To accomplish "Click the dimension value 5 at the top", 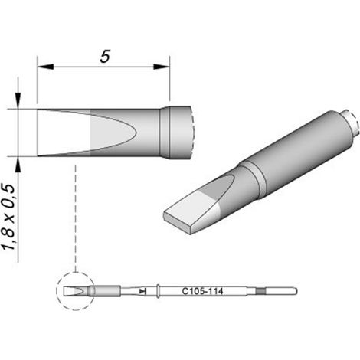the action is coord(105,57).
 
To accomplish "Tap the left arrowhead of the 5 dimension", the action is coord(45,67).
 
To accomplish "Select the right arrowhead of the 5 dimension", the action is coord(162,67).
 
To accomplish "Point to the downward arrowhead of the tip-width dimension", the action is coord(18,101).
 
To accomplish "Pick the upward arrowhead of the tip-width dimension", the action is coord(18,164).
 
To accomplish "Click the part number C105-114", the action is coord(202,291).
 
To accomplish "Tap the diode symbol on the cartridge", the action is coord(142,291).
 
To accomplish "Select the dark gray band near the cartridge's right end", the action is coord(261,291).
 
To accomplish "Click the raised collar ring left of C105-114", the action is coord(158,291).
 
